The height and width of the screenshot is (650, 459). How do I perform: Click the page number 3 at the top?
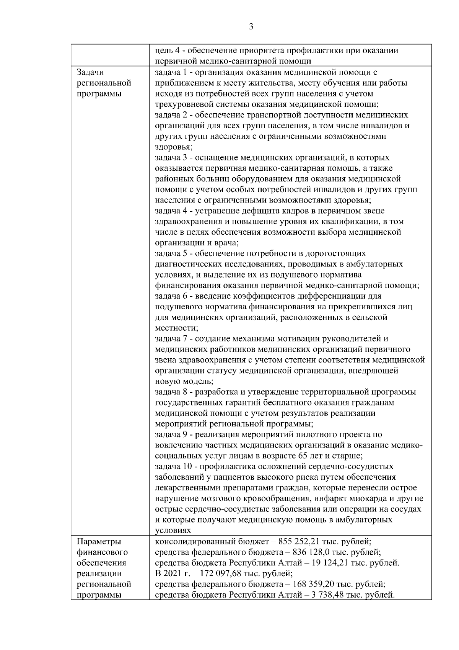[x=251, y=26]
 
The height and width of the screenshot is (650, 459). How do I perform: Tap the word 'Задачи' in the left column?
[x=90, y=72]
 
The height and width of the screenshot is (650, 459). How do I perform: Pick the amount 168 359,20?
[x=317, y=585]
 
